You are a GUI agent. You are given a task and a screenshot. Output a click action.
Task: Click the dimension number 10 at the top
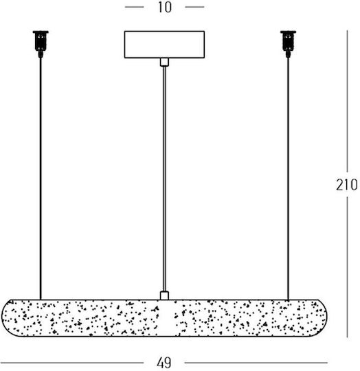pyautogui.click(x=164, y=8)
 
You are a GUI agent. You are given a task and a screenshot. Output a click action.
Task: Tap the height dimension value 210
pyautogui.click(x=346, y=185)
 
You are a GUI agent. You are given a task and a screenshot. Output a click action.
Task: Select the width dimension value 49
pyautogui.click(x=164, y=363)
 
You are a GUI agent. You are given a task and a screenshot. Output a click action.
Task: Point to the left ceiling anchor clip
pyautogui.click(x=41, y=44)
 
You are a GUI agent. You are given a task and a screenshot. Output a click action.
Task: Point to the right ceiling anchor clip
pyautogui.click(x=288, y=44)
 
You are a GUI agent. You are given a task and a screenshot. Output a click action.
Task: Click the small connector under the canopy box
pyautogui.click(x=164, y=62)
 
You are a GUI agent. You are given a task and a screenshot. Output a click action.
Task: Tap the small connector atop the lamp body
pyautogui.click(x=164, y=295)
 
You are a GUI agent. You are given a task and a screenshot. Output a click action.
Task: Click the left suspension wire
pyautogui.click(x=41, y=179)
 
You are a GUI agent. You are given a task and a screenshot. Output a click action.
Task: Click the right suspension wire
pyautogui.click(x=288, y=179)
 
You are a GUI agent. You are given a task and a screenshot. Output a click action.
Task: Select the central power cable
pyautogui.click(x=164, y=179)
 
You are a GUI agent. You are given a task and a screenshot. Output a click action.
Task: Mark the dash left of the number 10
pyautogui.click(x=134, y=7)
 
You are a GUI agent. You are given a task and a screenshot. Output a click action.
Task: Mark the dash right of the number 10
pyautogui.click(x=194, y=7)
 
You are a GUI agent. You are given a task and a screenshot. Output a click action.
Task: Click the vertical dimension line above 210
pyautogui.click(x=347, y=101)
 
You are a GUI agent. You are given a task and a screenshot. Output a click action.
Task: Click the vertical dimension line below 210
pyautogui.click(x=347, y=267)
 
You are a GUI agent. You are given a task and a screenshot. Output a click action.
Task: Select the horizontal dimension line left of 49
pyautogui.click(x=71, y=363)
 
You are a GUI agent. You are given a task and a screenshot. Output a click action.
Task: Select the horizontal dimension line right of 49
pyautogui.click(x=256, y=363)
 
